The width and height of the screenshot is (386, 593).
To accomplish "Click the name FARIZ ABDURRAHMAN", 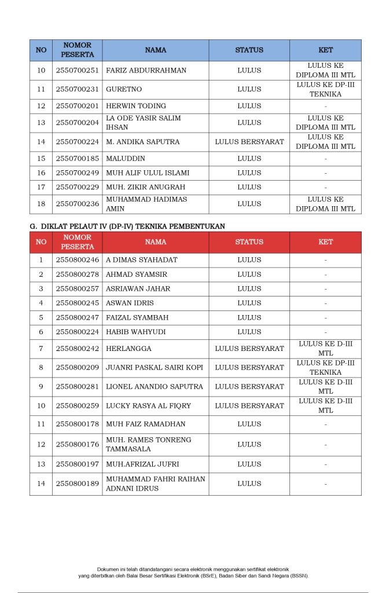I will point(146,71).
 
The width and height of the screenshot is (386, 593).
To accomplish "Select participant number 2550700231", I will point(77,89).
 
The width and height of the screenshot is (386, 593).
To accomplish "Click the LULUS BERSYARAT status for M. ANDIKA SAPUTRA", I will point(249,142).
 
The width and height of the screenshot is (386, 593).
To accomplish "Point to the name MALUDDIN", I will point(126,158).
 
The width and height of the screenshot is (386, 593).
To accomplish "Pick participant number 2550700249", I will point(77,173).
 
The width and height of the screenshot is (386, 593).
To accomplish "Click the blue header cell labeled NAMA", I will point(155,50).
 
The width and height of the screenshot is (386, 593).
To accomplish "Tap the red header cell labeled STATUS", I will point(249,242).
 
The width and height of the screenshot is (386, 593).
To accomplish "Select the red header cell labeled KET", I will point(325,242).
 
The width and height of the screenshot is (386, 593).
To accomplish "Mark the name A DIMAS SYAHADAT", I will point(141,260).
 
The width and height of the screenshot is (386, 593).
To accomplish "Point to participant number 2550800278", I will point(77,274).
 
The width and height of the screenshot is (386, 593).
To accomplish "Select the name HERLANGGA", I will point(128,349).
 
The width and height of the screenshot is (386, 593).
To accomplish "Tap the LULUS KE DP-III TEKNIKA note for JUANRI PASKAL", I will point(325,367).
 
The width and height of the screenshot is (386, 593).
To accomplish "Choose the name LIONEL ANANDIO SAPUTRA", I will point(154,386).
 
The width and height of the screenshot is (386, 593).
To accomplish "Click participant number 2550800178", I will point(77,424).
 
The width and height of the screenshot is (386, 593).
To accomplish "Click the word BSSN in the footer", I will point(299,576).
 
